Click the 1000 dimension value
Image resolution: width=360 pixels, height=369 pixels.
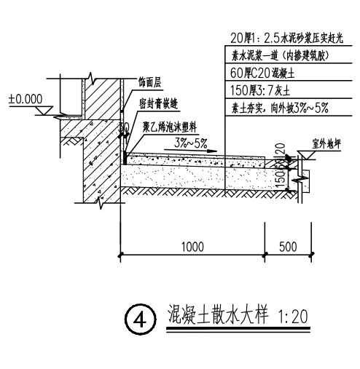(192, 246)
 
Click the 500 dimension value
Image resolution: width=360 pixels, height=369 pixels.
(289, 246)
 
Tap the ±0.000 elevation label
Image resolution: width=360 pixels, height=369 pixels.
(26, 98)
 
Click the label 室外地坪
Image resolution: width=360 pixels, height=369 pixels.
(325, 146)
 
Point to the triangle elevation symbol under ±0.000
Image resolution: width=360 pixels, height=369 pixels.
(43, 111)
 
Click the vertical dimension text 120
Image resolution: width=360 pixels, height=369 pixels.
(281, 152)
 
